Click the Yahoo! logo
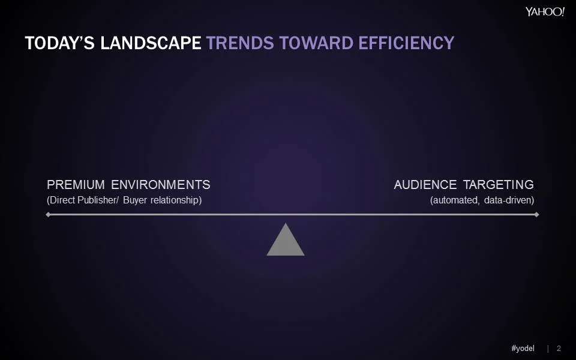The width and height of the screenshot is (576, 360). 545,11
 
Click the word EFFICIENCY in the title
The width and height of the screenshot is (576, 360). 406,43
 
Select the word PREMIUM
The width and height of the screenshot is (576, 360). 76,185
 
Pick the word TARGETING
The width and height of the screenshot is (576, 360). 498,185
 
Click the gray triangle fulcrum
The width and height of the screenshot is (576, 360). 286,242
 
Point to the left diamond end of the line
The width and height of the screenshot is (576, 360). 48,214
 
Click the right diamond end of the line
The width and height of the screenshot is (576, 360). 536,214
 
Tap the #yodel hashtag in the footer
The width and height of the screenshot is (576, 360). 523,349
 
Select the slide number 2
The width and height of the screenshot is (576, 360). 559,349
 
